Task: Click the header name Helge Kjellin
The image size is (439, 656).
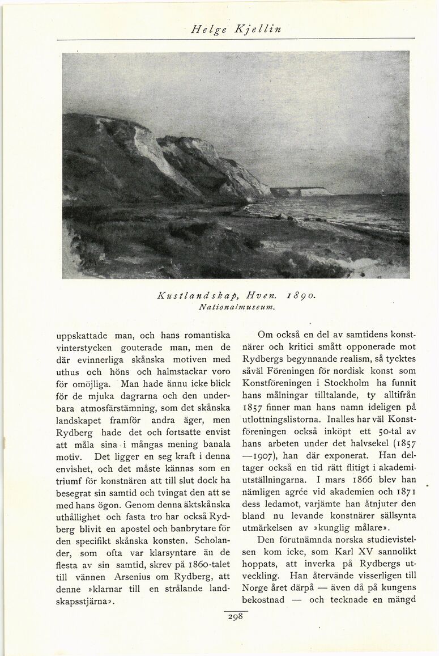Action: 236,28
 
